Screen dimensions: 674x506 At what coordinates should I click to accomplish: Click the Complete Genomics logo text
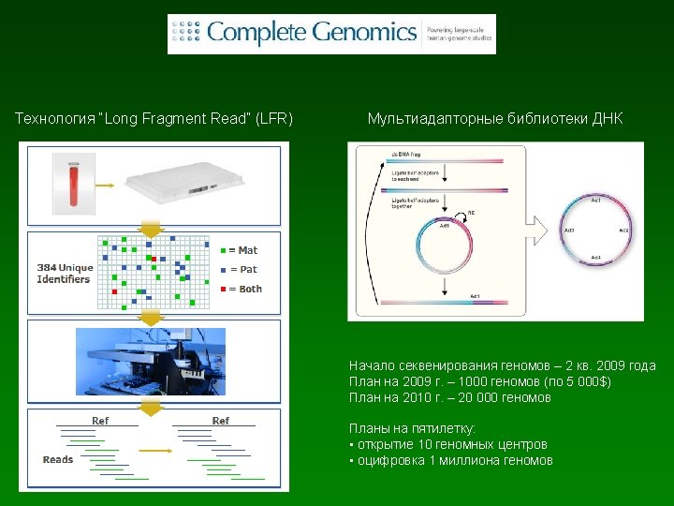coord(312,33)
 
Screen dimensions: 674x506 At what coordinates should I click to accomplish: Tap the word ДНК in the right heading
coord(606,119)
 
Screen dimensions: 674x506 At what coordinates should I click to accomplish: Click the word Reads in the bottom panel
coord(58,459)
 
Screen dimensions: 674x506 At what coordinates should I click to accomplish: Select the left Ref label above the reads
coord(100,421)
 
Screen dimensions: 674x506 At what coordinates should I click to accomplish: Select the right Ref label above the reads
coord(221,421)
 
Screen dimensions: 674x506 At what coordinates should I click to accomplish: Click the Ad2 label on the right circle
coord(624,230)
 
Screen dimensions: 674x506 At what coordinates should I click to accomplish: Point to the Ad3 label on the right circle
coord(569,230)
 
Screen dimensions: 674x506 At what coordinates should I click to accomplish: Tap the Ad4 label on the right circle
coord(596,258)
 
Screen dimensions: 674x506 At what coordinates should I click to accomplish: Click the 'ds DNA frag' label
coord(406,153)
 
